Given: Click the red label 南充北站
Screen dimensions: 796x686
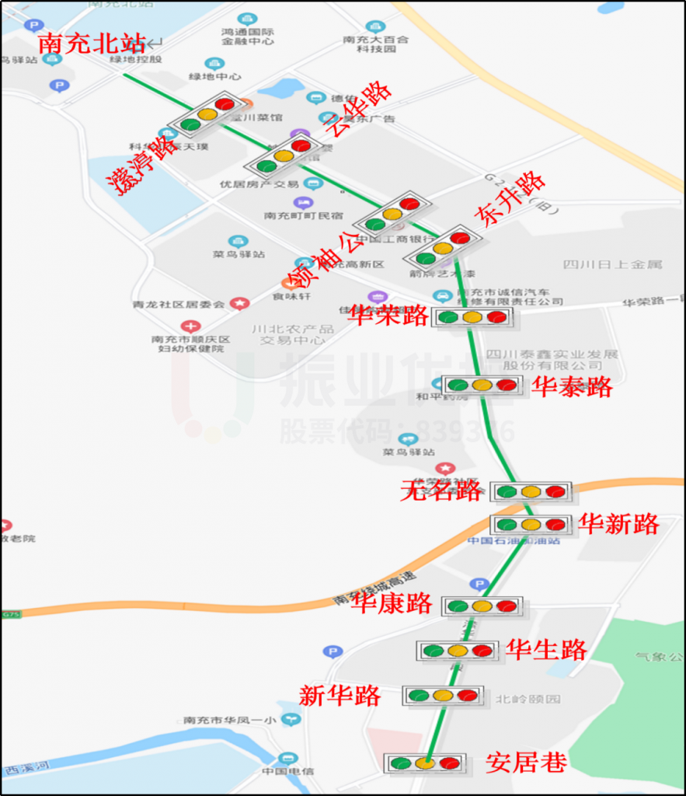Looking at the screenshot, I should tap(91, 44).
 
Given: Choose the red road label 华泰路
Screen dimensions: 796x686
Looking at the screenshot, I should tap(572, 386).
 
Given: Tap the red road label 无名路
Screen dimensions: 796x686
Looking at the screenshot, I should tap(441, 491).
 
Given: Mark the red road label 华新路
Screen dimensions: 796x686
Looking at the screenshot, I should tap(619, 525).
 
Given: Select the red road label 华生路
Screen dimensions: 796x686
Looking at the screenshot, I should tap(547, 649).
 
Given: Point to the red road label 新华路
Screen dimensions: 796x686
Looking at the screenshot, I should tap(340, 695).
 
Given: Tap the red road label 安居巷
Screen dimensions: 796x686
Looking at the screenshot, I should tap(526, 763).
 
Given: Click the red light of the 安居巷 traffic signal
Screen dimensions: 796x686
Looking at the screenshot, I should tap(449, 763).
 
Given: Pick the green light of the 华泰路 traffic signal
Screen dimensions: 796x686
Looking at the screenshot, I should tap(458, 385).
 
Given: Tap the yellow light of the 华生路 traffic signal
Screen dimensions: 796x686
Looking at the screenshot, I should tap(458, 651).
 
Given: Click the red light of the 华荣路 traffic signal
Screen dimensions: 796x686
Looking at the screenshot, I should tap(496, 317).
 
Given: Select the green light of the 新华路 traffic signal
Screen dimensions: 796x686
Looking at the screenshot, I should tap(420, 696).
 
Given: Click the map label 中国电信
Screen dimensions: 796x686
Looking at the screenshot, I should tap(287, 771).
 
